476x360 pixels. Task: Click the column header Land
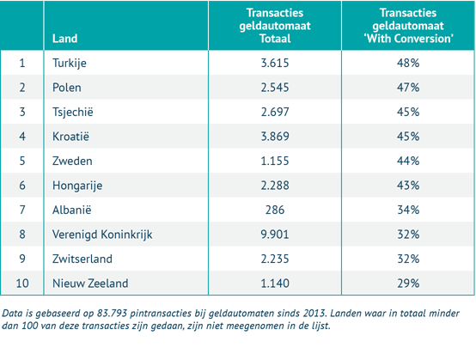64,39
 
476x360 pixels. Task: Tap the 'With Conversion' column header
407,26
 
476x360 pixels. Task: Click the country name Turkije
70,63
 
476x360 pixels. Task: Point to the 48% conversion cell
407,63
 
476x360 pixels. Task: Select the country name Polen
66,87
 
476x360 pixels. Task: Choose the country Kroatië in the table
70,136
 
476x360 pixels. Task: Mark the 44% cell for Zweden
407,160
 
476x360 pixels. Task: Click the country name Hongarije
76,184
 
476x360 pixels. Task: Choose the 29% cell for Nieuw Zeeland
407,282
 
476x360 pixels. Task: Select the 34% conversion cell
407,209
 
